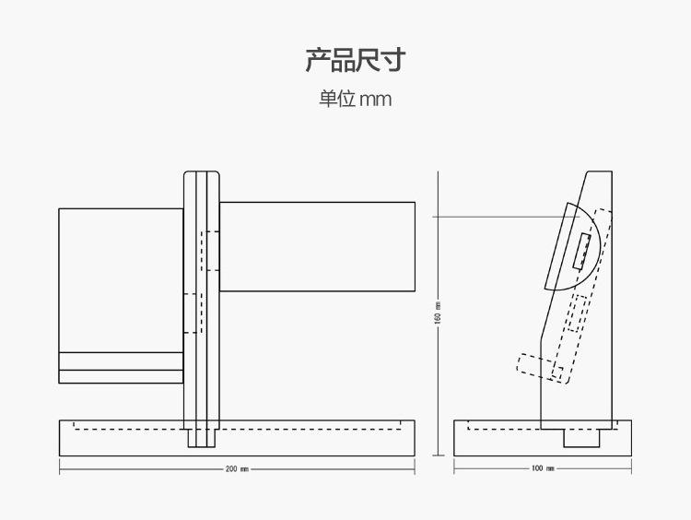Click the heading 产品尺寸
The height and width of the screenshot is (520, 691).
[x=356, y=60]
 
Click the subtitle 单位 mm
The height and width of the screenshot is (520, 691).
[x=356, y=99]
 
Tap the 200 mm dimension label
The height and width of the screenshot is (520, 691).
[x=237, y=469]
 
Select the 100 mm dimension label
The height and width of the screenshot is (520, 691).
[x=543, y=468]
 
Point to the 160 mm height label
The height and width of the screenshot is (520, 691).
[x=438, y=313]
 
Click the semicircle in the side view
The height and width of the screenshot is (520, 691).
[x=592, y=247]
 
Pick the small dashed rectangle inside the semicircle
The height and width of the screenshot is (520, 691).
[x=581, y=251]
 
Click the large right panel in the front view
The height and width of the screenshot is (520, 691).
[x=317, y=246]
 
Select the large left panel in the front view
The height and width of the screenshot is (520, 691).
[x=122, y=296]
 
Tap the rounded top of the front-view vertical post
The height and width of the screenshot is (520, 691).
[x=202, y=173]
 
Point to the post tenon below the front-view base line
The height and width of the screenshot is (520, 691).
[x=202, y=438]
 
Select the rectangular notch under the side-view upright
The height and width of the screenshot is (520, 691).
[x=581, y=438]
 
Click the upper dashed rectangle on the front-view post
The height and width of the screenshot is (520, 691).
[x=210, y=251]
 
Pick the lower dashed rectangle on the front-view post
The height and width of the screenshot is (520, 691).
[x=193, y=313]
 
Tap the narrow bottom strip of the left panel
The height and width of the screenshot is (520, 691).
[x=122, y=377]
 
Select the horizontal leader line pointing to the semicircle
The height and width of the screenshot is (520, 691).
[x=506, y=217]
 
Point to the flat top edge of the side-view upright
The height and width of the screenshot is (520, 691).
[x=600, y=171]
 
